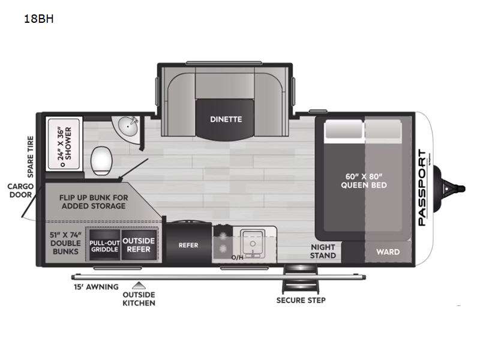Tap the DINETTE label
point(226,119)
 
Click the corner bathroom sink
point(128,127)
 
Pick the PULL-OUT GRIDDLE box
point(104,245)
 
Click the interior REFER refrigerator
point(188,245)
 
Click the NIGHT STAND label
point(323,251)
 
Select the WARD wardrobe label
point(388,252)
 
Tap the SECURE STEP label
point(301,300)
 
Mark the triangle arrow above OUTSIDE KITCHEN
point(139,285)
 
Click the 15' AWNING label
point(95,287)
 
